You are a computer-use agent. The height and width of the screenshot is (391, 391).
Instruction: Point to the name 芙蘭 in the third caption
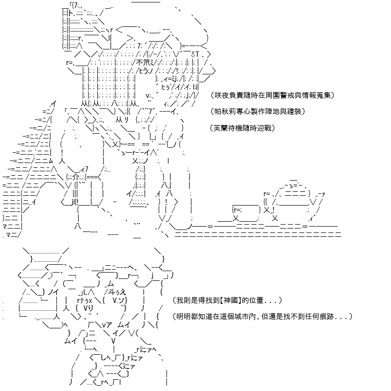220,128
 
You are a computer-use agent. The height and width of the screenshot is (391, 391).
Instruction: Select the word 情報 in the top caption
309,95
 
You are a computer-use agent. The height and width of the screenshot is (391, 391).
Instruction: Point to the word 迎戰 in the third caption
264,128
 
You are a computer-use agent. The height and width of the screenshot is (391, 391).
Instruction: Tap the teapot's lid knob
294,180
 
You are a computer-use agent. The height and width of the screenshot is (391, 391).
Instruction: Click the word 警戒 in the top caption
287,95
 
